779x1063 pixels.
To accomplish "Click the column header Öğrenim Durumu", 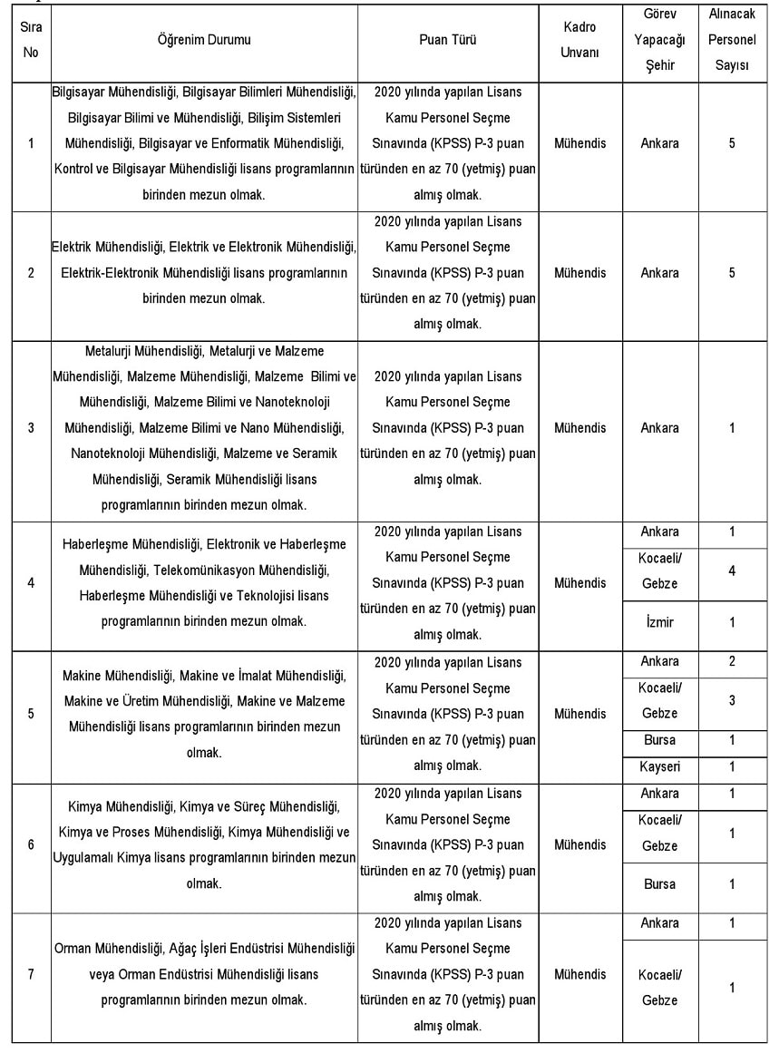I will click(x=204, y=40).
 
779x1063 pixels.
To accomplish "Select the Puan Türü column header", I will click(x=447, y=40).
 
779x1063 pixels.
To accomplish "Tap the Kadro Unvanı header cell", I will click(x=579, y=40).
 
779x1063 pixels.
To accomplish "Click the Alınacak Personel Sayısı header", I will click(x=732, y=40).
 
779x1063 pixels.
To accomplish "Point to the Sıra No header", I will click(x=31, y=40).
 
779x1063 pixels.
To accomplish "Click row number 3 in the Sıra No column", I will click(x=31, y=428).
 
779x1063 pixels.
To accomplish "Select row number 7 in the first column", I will click(x=31, y=974).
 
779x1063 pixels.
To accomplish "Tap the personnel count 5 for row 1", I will click(x=732, y=143).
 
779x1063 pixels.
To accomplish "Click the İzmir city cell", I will click(x=658, y=622).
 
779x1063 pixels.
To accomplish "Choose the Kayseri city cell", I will click(x=659, y=767).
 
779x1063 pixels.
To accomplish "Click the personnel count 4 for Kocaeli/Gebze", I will click(x=732, y=571).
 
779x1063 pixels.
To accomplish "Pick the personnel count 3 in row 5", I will click(x=732, y=700).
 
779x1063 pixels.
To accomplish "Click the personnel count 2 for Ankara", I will click(x=732, y=661).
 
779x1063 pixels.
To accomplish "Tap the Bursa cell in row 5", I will click(x=659, y=740).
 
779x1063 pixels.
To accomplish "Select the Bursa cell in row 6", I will click(x=659, y=884).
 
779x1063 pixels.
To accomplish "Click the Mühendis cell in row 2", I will click(x=579, y=273).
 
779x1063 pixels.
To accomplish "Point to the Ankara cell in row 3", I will click(x=659, y=428).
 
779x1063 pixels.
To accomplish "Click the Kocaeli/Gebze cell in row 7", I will click(x=659, y=988).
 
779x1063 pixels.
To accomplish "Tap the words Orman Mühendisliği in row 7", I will click(x=108, y=949).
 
